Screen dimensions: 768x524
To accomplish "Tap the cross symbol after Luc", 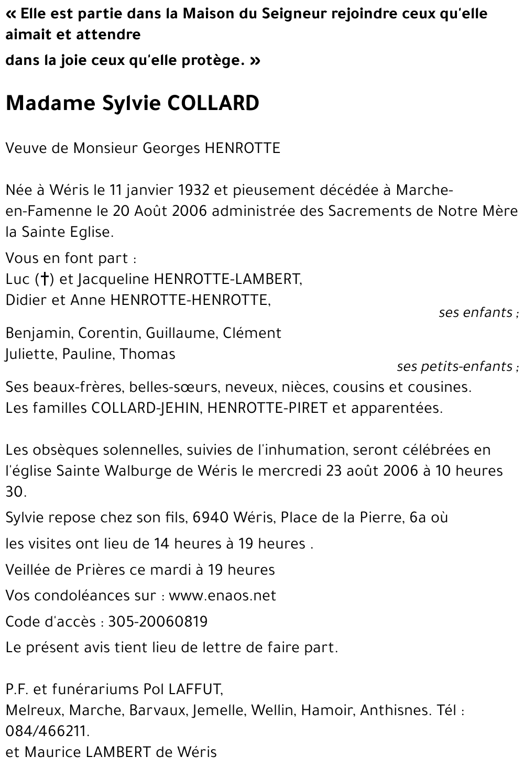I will point(46,279).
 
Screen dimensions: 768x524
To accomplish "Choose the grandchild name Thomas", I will point(147,354).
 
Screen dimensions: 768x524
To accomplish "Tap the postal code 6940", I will point(211,518).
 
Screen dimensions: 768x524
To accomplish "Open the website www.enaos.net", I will point(222,596).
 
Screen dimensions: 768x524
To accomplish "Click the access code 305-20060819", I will point(158,622).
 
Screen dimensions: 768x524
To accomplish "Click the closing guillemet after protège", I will point(255,61).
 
